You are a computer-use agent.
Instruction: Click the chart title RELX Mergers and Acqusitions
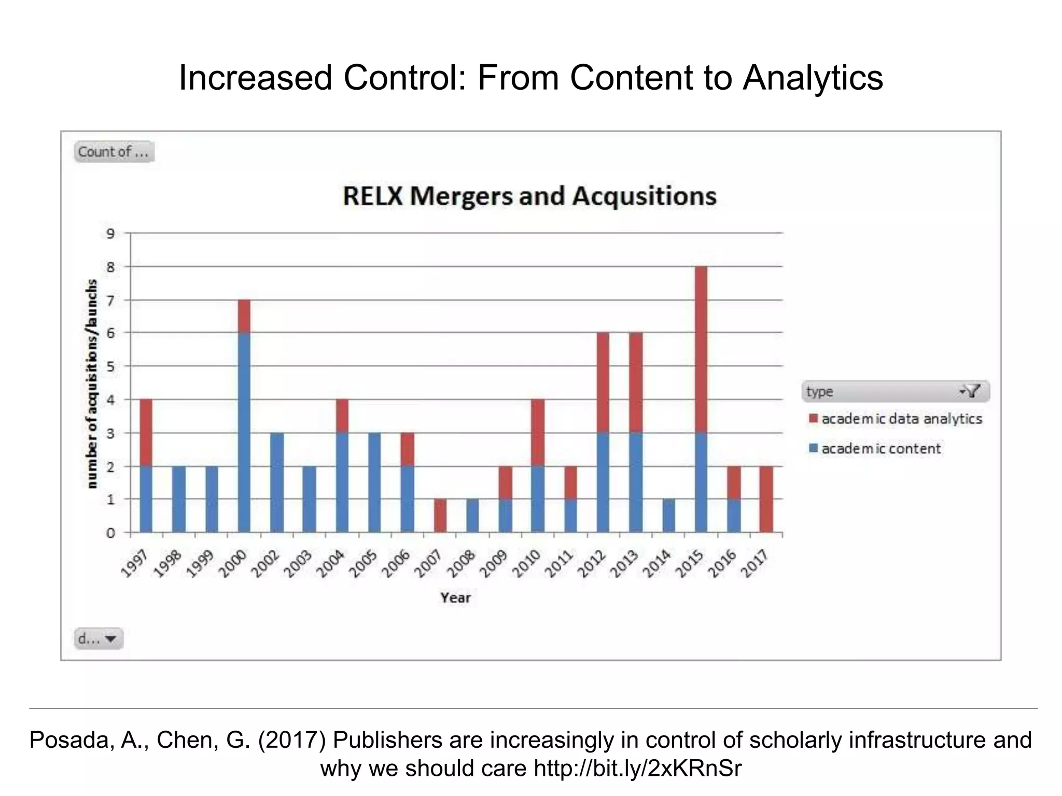point(529,196)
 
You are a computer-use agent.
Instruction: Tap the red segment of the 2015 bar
point(701,349)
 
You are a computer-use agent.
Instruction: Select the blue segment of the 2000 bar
point(244,432)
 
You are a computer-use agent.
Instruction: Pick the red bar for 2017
point(766,499)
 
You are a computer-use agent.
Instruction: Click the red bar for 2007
point(440,516)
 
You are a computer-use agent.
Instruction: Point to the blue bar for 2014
point(668,516)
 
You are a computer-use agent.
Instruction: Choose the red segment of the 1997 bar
point(146,433)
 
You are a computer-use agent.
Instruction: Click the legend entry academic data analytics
point(901,419)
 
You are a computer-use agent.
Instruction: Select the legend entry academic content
point(881,449)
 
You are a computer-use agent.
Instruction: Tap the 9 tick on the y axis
point(110,234)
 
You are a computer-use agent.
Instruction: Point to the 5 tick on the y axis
point(110,366)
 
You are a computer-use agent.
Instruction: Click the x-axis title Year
point(455,598)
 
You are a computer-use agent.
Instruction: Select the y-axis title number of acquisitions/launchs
point(92,383)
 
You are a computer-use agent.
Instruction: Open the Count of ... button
point(114,152)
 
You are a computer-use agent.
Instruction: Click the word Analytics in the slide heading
point(813,78)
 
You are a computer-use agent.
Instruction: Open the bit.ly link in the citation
point(637,769)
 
